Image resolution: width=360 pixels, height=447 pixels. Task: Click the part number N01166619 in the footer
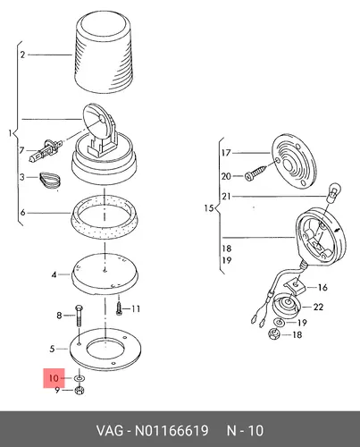[x=172, y=431]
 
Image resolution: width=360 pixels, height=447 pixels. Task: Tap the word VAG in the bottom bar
[x=109, y=431]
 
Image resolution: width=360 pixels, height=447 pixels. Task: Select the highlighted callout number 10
[x=54, y=378]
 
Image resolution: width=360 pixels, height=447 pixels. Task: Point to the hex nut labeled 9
[x=80, y=391]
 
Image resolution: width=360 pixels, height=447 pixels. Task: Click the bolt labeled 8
[x=80, y=316]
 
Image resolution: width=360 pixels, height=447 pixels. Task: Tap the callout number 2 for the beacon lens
[x=23, y=55]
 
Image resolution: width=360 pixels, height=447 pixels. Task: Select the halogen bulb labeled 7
[x=45, y=150]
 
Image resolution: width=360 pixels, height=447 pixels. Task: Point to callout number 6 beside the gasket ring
[x=22, y=213]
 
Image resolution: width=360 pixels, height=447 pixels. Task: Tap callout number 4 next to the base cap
[x=54, y=274]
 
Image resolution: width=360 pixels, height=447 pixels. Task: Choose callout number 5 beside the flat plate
[x=52, y=349]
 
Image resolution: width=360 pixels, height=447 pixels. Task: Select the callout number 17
[x=226, y=153]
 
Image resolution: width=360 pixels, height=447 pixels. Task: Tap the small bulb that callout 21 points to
[x=332, y=191]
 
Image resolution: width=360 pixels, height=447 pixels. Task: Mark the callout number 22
[x=318, y=307]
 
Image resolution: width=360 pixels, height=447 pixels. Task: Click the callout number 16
[x=322, y=288]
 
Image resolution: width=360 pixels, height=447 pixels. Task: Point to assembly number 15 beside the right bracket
[x=209, y=208]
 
